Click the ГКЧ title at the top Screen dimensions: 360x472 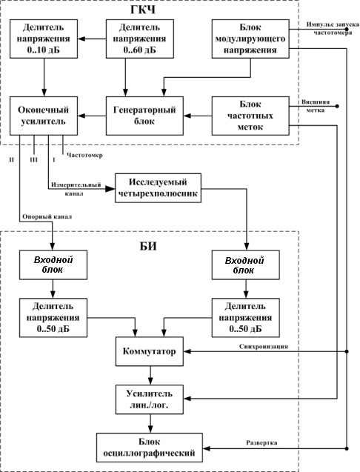[143, 10]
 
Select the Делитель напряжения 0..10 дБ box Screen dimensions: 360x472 [44, 39]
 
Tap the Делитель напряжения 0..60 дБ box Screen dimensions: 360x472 [140, 39]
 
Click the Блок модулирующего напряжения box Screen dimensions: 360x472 [250, 39]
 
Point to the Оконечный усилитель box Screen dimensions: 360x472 [44, 116]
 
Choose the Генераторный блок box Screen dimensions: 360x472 [144, 116]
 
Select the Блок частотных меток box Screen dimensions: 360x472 [250, 116]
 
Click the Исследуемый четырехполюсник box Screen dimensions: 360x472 [158, 188]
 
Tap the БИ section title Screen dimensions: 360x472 [148, 246]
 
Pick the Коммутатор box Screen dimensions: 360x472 [150, 351]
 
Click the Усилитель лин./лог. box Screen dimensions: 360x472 [150, 399]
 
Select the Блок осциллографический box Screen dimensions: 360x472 [150, 448]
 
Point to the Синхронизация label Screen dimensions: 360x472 [264, 347]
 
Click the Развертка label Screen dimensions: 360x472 [261, 443]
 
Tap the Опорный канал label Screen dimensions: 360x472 [47, 216]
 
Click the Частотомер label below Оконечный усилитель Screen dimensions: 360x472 [84, 156]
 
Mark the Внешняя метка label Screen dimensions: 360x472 [316, 106]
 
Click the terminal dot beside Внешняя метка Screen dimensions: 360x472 [337, 106]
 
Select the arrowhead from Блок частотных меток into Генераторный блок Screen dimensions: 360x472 [187, 116]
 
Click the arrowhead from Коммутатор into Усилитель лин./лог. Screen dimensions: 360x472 [150, 382]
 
